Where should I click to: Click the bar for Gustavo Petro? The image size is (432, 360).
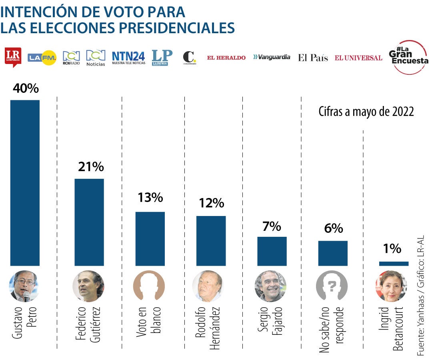25,183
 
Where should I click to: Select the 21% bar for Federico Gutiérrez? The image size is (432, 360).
89,222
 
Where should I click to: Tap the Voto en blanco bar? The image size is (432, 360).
150,239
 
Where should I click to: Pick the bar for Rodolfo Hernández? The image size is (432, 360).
211,241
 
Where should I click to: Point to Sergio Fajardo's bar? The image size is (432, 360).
272,251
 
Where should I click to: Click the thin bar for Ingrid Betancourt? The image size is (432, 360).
394,264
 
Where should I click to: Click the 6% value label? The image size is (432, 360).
333,228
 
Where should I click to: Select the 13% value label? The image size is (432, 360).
150,198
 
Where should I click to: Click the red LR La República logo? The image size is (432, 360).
13,57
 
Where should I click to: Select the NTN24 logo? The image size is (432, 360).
128,58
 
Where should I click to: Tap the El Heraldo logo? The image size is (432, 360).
226,58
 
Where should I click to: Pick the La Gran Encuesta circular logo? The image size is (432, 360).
408,57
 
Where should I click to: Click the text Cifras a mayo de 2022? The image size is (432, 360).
366,112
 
